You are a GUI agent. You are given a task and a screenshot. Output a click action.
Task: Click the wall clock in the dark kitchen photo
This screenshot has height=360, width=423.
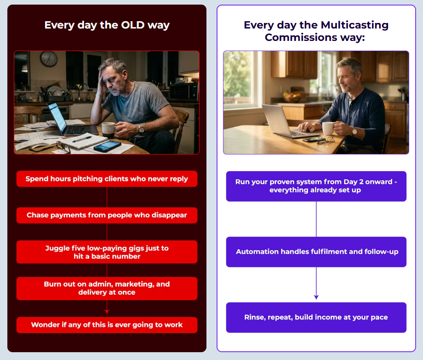pyautogui.click(x=49, y=59)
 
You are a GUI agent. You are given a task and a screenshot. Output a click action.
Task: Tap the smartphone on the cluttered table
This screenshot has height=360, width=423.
pyautogui.click(x=108, y=146)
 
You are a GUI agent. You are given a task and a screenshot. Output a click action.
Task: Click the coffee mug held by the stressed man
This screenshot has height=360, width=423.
pyautogui.click(x=109, y=130)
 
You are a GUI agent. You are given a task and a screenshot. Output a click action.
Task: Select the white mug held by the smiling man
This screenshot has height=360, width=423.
pyautogui.click(x=328, y=128)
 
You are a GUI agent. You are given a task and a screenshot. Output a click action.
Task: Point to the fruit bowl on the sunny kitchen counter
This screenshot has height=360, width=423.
pyautogui.click(x=292, y=97)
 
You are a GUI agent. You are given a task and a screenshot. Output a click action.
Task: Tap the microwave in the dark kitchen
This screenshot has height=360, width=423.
pyautogui.click(x=184, y=92)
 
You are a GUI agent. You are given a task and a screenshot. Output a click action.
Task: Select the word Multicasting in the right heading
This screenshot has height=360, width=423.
pyautogui.click(x=355, y=25)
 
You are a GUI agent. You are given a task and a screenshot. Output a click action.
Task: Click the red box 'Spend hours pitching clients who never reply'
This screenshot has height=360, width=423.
pyautogui.click(x=107, y=179)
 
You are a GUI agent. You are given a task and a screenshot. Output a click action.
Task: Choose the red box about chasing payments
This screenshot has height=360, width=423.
pyautogui.click(x=107, y=215)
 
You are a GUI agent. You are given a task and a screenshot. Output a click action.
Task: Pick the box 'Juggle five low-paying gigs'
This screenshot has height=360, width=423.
pyautogui.click(x=107, y=252)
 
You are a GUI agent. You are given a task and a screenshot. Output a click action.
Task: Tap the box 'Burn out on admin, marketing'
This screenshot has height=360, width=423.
pyautogui.click(x=107, y=288)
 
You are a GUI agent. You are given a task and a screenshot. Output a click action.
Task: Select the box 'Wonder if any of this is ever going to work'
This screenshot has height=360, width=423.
pyautogui.click(x=107, y=325)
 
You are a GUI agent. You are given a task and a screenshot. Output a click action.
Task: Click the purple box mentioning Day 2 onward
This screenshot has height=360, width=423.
pyautogui.click(x=316, y=186)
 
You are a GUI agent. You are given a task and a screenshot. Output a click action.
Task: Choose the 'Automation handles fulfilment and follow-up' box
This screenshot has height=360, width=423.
pyautogui.click(x=316, y=252)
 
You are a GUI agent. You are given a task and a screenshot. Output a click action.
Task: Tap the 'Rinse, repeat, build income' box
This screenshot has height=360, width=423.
pyautogui.click(x=316, y=317)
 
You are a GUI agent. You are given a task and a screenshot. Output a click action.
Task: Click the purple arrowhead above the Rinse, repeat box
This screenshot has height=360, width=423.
pyautogui.click(x=316, y=297)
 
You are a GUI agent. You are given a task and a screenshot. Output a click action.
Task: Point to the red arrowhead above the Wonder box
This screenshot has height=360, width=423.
pyautogui.click(x=107, y=311)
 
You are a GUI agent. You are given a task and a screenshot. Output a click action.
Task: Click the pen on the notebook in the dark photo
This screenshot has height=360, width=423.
pyautogui.click(x=82, y=139)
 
